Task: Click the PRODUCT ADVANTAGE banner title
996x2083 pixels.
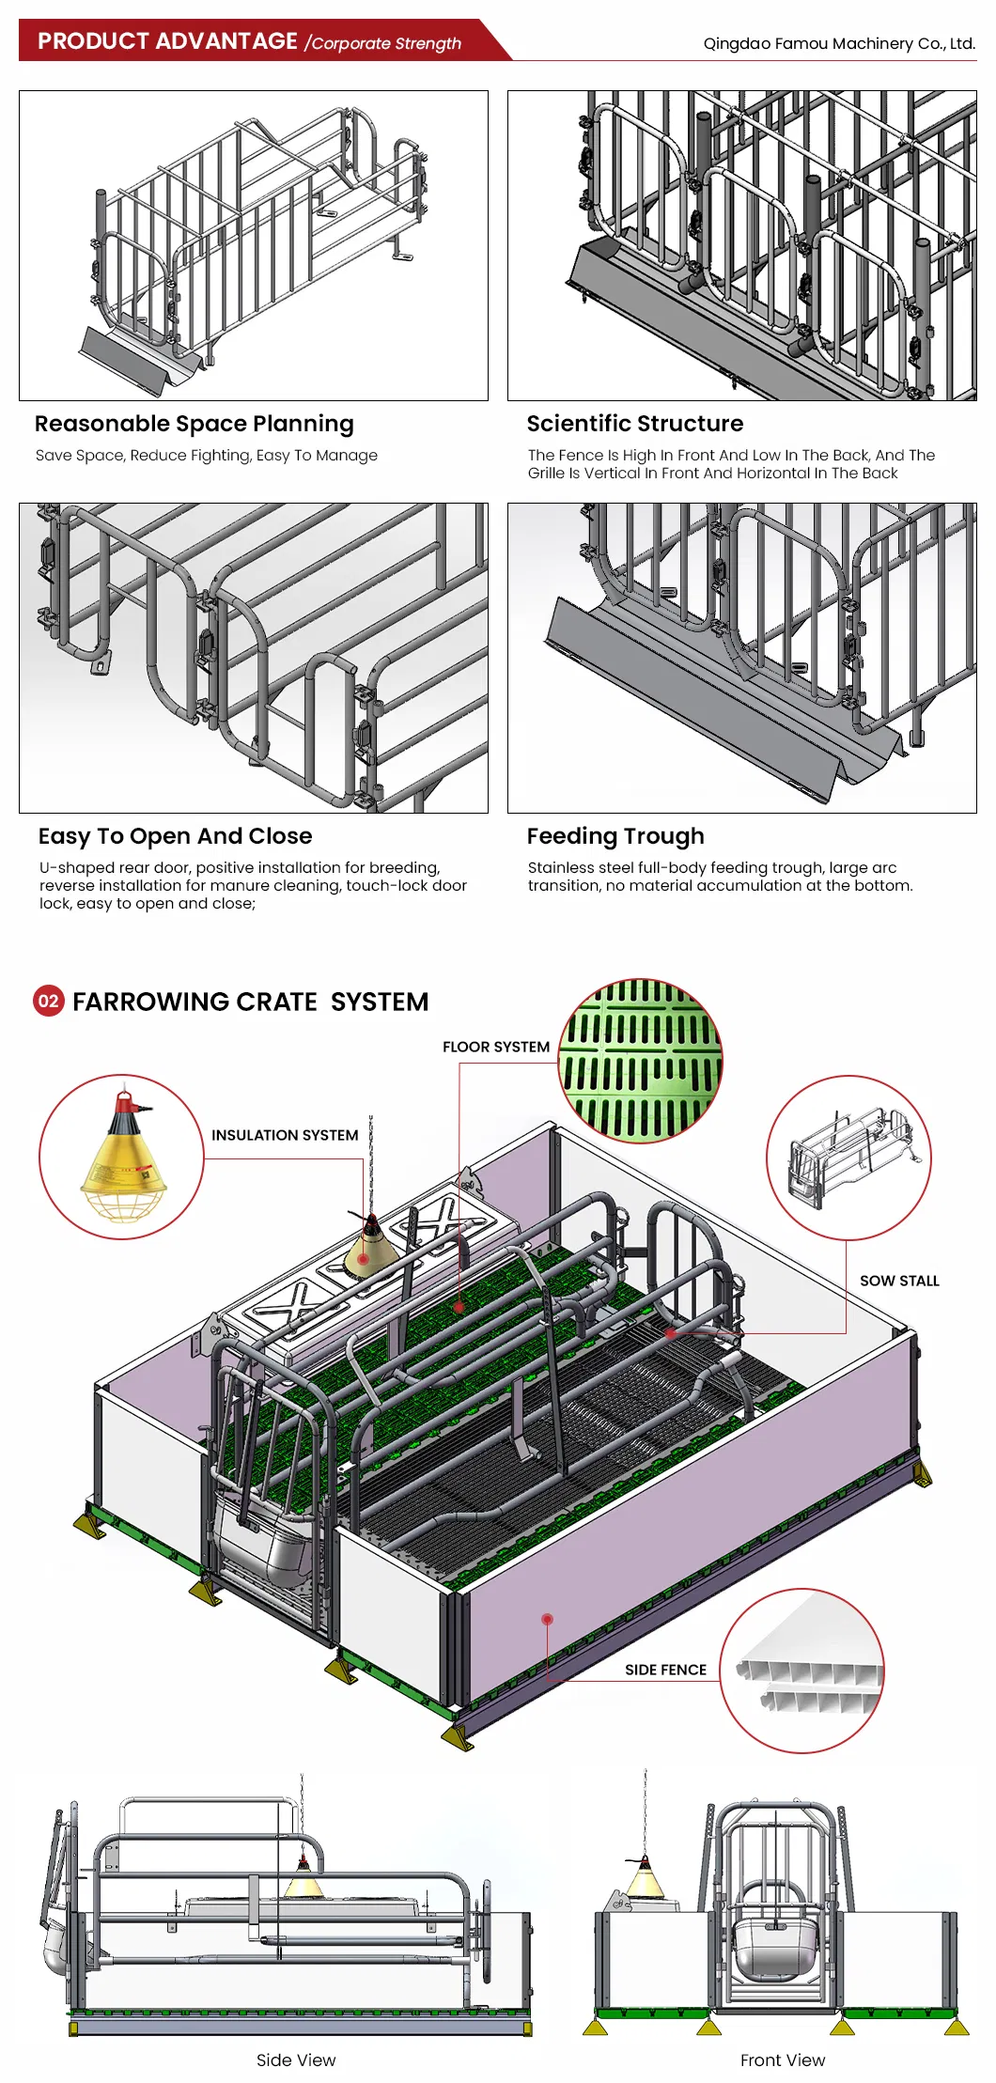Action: tap(167, 41)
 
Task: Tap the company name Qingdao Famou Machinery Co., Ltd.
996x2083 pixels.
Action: tap(838, 43)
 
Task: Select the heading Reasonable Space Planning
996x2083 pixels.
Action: tap(195, 424)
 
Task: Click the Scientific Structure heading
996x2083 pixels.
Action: tap(634, 424)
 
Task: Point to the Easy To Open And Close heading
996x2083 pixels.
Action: tap(175, 836)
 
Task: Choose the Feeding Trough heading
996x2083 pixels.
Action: tap(615, 836)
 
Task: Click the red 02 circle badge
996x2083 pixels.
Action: tap(49, 1001)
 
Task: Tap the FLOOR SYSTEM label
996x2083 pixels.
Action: tap(495, 1047)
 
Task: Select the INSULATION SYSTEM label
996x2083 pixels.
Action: tap(285, 1135)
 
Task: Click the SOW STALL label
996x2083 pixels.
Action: tap(899, 1281)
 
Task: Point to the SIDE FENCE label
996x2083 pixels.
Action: tap(665, 1670)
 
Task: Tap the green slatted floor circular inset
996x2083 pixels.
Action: tap(641, 1061)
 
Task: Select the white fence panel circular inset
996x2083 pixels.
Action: tap(801, 1671)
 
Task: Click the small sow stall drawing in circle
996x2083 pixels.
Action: tap(848, 1157)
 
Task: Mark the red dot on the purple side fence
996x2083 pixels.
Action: tap(547, 1619)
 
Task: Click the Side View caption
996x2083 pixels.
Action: tap(295, 2060)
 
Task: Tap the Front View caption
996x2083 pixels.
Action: tap(782, 2060)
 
